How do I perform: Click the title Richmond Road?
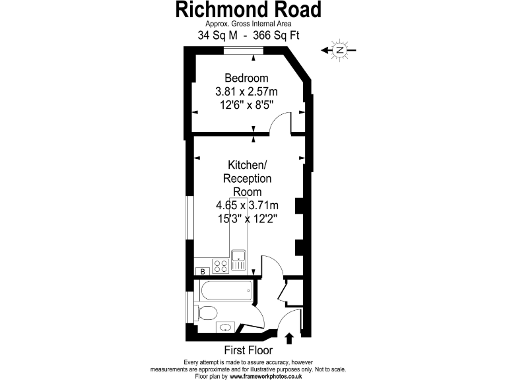click(248, 10)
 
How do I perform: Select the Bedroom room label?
click(246, 78)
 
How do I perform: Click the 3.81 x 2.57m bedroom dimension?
click(246, 91)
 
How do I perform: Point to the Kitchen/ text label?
click(247, 165)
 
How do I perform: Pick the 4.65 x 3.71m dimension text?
click(248, 205)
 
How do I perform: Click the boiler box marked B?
click(203, 271)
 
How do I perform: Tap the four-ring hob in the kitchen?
click(221, 266)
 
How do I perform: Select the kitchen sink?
click(238, 257)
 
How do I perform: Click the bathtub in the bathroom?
click(224, 289)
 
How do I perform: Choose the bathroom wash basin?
click(224, 327)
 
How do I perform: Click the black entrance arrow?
click(289, 338)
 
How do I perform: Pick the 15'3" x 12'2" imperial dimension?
click(247, 219)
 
